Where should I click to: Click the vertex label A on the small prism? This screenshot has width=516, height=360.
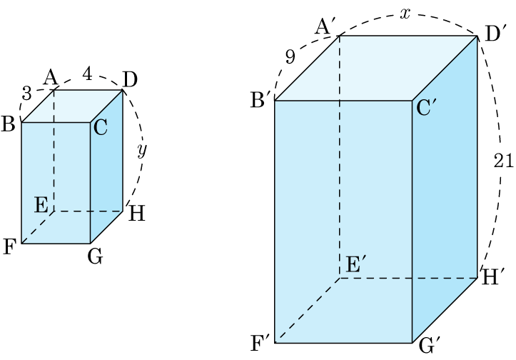click(x=51, y=76)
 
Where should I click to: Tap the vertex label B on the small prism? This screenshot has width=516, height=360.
click(x=9, y=124)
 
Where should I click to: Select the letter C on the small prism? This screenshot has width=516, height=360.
click(x=100, y=128)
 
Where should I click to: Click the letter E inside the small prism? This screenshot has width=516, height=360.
click(x=41, y=206)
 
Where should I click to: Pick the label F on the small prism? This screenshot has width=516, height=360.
click(x=9, y=248)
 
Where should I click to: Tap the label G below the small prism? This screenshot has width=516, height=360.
click(x=95, y=255)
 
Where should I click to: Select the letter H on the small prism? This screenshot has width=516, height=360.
click(x=137, y=213)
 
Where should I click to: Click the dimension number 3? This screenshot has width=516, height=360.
click(x=26, y=94)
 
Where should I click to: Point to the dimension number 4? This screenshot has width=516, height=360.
click(x=87, y=74)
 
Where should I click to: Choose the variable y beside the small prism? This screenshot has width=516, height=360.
click(x=141, y=151)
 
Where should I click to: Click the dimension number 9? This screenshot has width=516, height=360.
click(x=290, y=58)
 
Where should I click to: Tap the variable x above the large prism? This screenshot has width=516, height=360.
click(x=405, y=14)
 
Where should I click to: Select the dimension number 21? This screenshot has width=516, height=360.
click(x=504, y=161)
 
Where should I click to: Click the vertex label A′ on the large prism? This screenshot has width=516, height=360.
click(x=325, y=27)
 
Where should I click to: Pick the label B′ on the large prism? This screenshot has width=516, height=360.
click(x=258, y=101)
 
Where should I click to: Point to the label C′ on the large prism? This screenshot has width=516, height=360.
click(x=427, y=109)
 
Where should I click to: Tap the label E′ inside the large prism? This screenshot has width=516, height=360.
click(x=355, y=264)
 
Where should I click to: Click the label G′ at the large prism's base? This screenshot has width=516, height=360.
click(x=429, y=346)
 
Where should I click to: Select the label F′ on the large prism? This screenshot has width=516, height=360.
click(x=260, y=344)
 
